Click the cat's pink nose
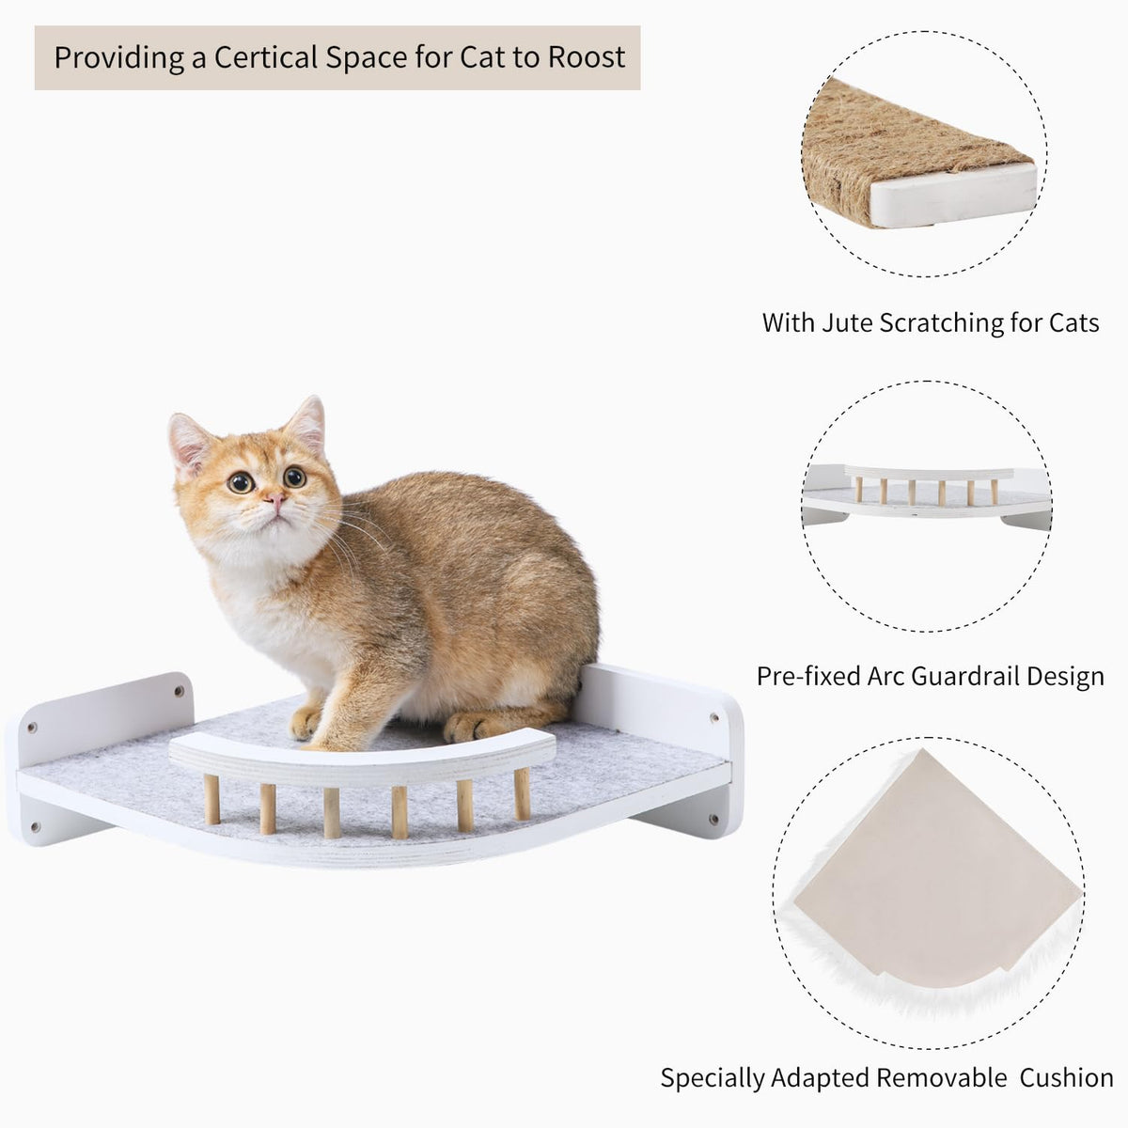[276, 499]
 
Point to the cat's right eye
[240, 482]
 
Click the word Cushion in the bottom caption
[1066, 1077]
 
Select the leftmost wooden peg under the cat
[211, 799]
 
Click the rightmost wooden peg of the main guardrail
[522, 793]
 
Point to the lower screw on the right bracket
[713, 818]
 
